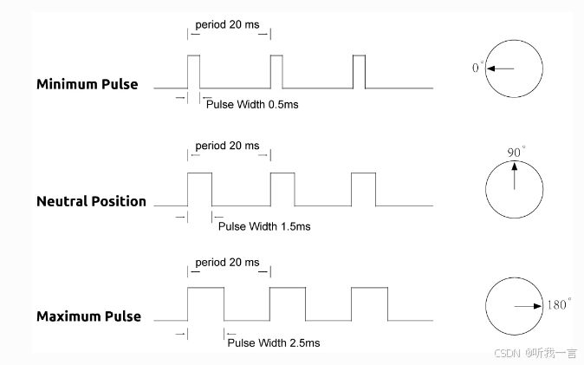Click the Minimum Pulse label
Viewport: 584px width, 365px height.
point(87,85)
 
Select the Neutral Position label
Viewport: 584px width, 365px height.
point(91,201)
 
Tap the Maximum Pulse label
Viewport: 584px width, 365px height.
point(88,316)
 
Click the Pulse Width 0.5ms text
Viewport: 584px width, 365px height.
point(252,104)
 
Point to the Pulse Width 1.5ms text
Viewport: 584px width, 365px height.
point(263,226)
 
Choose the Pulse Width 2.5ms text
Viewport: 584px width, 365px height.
point(273,342)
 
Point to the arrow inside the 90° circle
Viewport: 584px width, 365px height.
point(515,177)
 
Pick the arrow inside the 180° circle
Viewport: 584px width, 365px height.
point(528,306)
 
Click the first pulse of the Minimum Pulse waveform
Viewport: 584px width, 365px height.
point(193,71)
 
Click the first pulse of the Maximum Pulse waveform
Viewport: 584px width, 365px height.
point(205,304)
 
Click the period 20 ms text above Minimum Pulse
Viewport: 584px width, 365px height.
point(227,24)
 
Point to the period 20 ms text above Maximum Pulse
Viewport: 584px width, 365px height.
point(227,263)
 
